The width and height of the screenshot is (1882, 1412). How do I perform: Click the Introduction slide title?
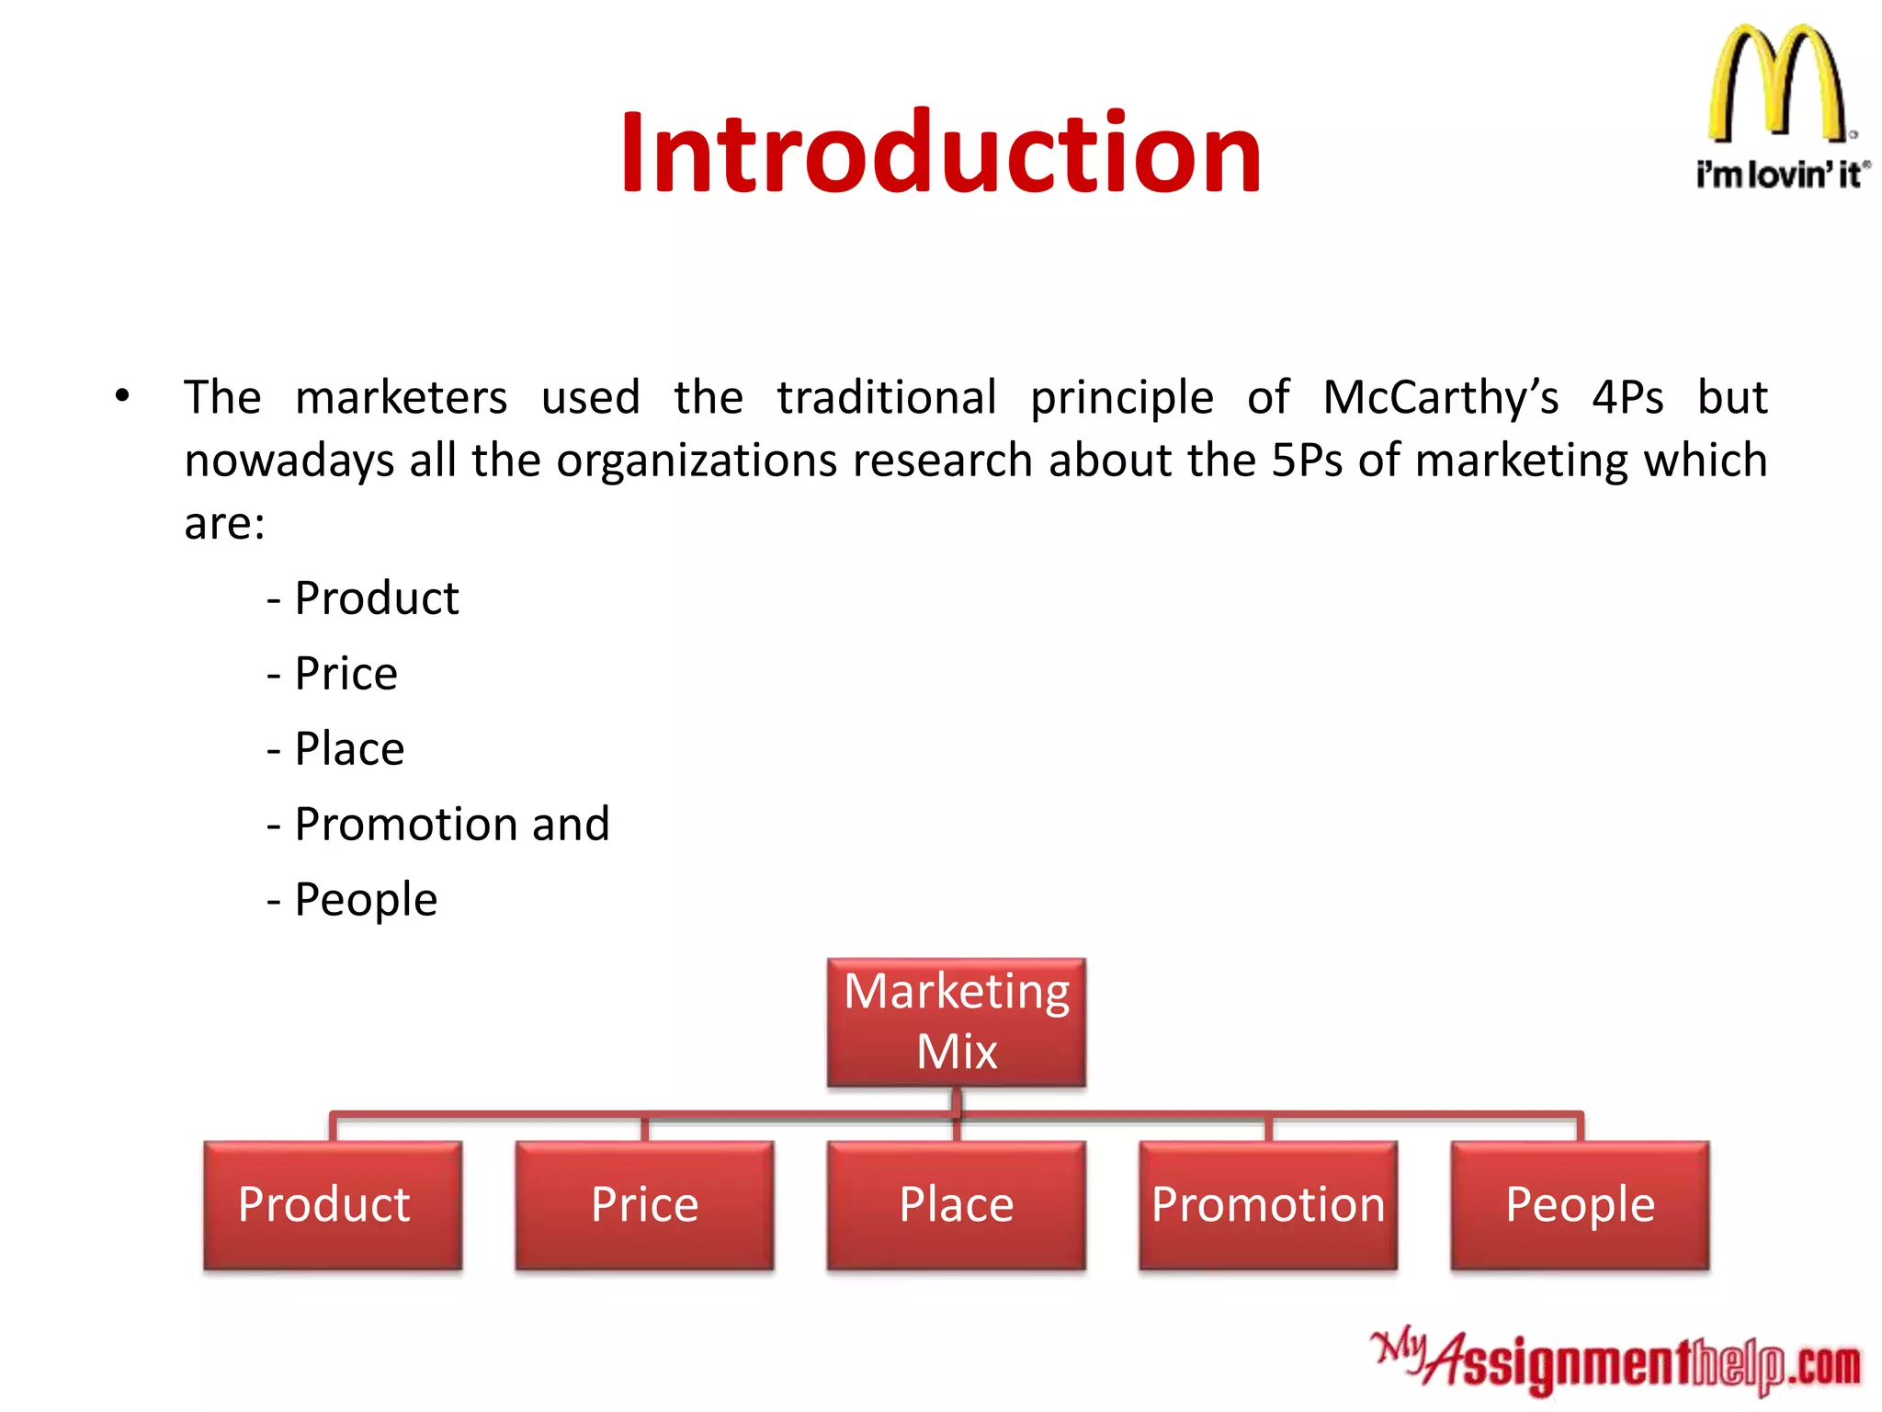(x=940, y=154)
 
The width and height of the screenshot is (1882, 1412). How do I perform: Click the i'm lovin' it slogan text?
(x=1781, y=174)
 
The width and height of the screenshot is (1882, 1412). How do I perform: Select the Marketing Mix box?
(x=956, y=1022)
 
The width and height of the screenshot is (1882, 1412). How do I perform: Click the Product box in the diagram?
(x=333, y=1205)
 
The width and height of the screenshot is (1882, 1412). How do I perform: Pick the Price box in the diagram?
(x=644, y=1205)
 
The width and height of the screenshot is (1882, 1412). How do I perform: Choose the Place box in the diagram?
(x=956, y=1205)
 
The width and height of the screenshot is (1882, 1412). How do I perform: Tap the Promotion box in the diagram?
(x=1267, y=1205)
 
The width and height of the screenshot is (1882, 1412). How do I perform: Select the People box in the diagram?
(x=1579, y=1205)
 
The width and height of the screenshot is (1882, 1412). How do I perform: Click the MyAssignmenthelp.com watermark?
(x=1616, y=1362)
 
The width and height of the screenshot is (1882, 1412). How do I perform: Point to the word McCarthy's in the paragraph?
(x=1440, y=398)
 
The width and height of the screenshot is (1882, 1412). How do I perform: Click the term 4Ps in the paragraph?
(x=1627, y=398)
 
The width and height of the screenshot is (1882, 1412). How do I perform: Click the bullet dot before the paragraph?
(x=122, y=396)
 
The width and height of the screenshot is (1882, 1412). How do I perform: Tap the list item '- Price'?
(x=333, y=674)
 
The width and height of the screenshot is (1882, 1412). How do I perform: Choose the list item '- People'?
(x=353, y=899)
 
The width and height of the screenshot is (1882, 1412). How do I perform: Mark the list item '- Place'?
(x=336, y=749)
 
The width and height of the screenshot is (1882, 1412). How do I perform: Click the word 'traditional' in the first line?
(x=886, y=398)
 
